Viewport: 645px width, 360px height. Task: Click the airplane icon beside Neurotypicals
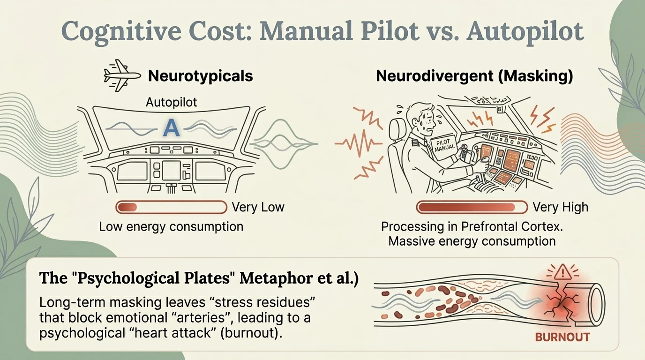[x=122, y=75]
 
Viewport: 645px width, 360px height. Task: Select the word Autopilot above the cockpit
[x=172, y=102]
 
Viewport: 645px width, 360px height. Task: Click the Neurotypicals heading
[x=201, y=76]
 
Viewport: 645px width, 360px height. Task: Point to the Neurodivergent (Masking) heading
[x=474, y=76]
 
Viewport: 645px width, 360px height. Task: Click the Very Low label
[x=258, y=207]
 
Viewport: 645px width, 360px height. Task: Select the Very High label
[x=560, y=207]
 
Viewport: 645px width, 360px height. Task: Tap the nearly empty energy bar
[x=172, y=207]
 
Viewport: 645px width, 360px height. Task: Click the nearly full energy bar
[x=472, y=207]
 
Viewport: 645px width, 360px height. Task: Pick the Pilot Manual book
[x=443, y=148]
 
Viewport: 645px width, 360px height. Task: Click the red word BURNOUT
[x=562, y=337]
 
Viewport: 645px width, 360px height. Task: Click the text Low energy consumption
[x=172, y=227]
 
